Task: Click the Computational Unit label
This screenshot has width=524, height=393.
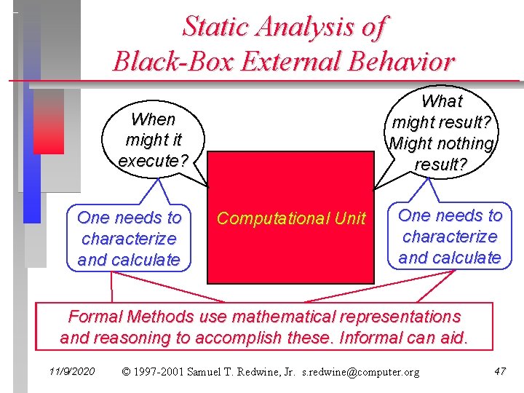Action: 291,218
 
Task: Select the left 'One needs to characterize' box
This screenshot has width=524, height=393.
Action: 129,239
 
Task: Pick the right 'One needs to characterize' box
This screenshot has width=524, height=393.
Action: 450,237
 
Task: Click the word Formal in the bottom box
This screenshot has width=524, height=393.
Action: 95,317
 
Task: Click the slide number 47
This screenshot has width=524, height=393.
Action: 499,372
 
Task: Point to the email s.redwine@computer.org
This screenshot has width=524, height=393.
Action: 361,372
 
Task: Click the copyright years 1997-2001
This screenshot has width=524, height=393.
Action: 159,372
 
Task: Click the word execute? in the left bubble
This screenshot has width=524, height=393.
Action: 154,160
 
